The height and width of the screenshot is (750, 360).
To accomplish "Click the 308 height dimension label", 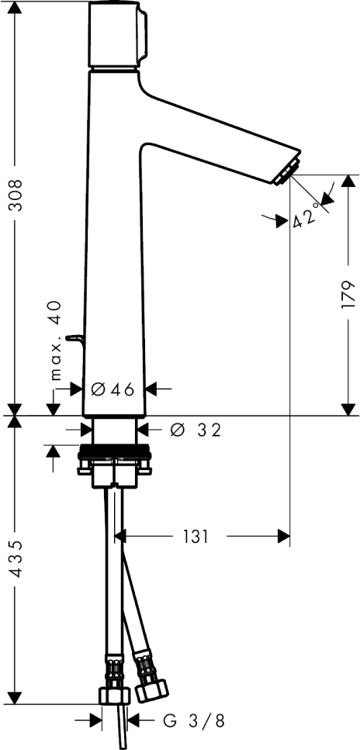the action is click(16, 195).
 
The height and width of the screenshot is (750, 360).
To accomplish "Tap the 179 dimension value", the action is click(348, 294).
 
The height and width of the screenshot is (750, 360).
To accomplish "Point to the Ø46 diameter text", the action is click(113, 390).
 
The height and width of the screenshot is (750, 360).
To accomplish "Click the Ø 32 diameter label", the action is click(196, 430).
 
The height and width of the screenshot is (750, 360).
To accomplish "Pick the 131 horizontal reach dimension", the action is click(196, 537).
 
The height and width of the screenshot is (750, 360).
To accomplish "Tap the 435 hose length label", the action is click(16, 558).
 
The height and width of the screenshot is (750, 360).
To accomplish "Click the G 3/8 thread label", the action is click(193, 720).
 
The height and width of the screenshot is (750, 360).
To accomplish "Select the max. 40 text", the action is click(57, 340).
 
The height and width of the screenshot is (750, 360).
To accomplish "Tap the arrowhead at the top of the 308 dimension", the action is click(16, 8).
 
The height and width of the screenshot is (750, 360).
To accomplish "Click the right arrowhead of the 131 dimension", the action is click(284, 537).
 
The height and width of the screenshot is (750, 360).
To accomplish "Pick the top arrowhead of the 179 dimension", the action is click(348, 181).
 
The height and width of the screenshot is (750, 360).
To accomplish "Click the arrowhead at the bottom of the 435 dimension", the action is click(16, 697).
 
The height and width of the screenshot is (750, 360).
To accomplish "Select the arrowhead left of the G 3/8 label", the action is click(95, 720).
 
